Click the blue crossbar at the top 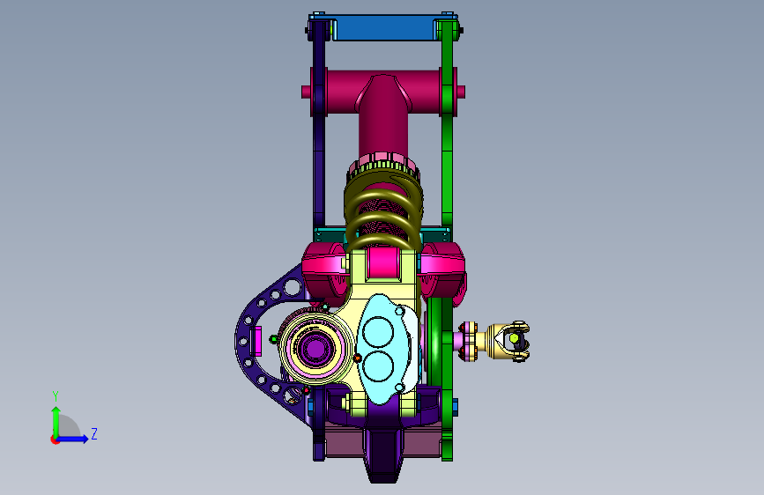pyautogui.click(x=384, y=28)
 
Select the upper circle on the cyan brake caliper pyautogui.click(x=378, y=333)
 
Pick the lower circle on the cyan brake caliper pyautogui.click(x=378, y=366)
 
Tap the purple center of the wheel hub pyautogui.click(x=315, y=349)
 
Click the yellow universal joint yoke pyautogui.click(x=508, y=340)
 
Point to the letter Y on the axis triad pyautogui.click(x=56, y=396)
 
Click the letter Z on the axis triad pyautogui.click(x=94, y=433)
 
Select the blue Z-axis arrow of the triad pyautogui.click(x=72, y=439)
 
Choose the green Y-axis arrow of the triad pyautogui.click(x=56, y=422)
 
